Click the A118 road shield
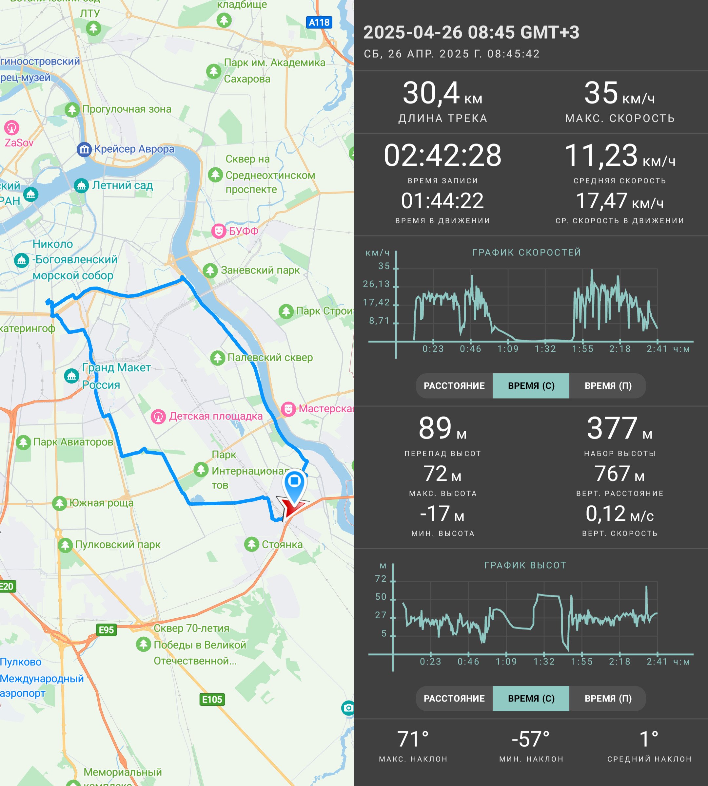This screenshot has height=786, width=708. [x=319, y=23]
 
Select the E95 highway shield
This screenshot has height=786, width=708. [x=106, y=630]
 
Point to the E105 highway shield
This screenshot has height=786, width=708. [x=212, y=700]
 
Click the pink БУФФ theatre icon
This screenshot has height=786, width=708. [x=219, y=231]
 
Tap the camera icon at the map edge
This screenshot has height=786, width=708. [x=348, y=708]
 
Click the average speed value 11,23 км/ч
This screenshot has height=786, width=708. [x=620, y=156]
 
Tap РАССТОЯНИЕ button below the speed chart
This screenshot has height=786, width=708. [x=454, y=385]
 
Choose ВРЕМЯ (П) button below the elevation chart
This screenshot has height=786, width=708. [x=608, y=699]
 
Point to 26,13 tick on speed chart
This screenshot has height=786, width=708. [x=376, y=284]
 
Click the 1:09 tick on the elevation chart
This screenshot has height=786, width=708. [x=506, y=662]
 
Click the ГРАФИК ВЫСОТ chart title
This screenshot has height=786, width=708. [x=525, y=565]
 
